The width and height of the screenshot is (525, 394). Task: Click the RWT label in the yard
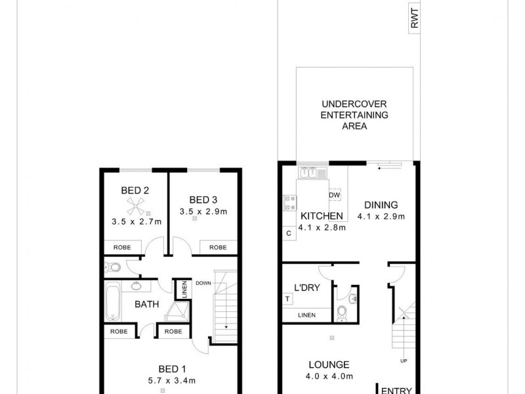(414, 20)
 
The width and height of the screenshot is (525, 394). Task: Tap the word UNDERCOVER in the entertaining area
(354, 104)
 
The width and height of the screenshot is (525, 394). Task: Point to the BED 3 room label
(203, 200)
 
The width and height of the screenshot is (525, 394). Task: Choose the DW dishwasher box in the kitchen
(334, 196)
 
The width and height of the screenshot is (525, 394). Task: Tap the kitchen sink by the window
(313, 173)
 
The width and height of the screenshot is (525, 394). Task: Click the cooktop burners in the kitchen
(289, 203)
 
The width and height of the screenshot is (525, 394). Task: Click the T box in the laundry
(288, 299)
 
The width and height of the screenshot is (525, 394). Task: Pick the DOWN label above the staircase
(203, 284)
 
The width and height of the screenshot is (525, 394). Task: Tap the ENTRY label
(396, 389)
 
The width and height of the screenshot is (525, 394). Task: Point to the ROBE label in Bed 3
(218, 248)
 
